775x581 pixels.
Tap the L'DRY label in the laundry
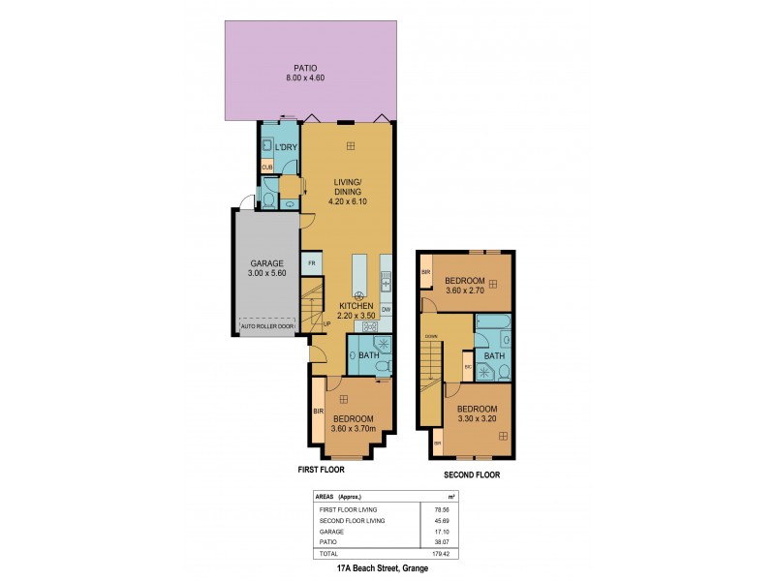pyautogui.click(x=286, y=147)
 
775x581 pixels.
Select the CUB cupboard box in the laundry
pyautogui.click(x=267, y=168)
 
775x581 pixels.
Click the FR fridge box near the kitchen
pyautogui.click(x=312, y=263)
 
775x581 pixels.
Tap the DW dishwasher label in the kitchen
pyautogui.click(x=386, y=309)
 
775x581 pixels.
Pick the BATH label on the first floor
pyautogui.click(x=368, y=355)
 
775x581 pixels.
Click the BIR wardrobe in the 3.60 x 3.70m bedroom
pyautogui.click(x=317, y=412)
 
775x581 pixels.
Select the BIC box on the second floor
pyautogui.click(x=468, y=368)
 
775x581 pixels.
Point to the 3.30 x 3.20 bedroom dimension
pyautogui.click(x=479, y=419)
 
